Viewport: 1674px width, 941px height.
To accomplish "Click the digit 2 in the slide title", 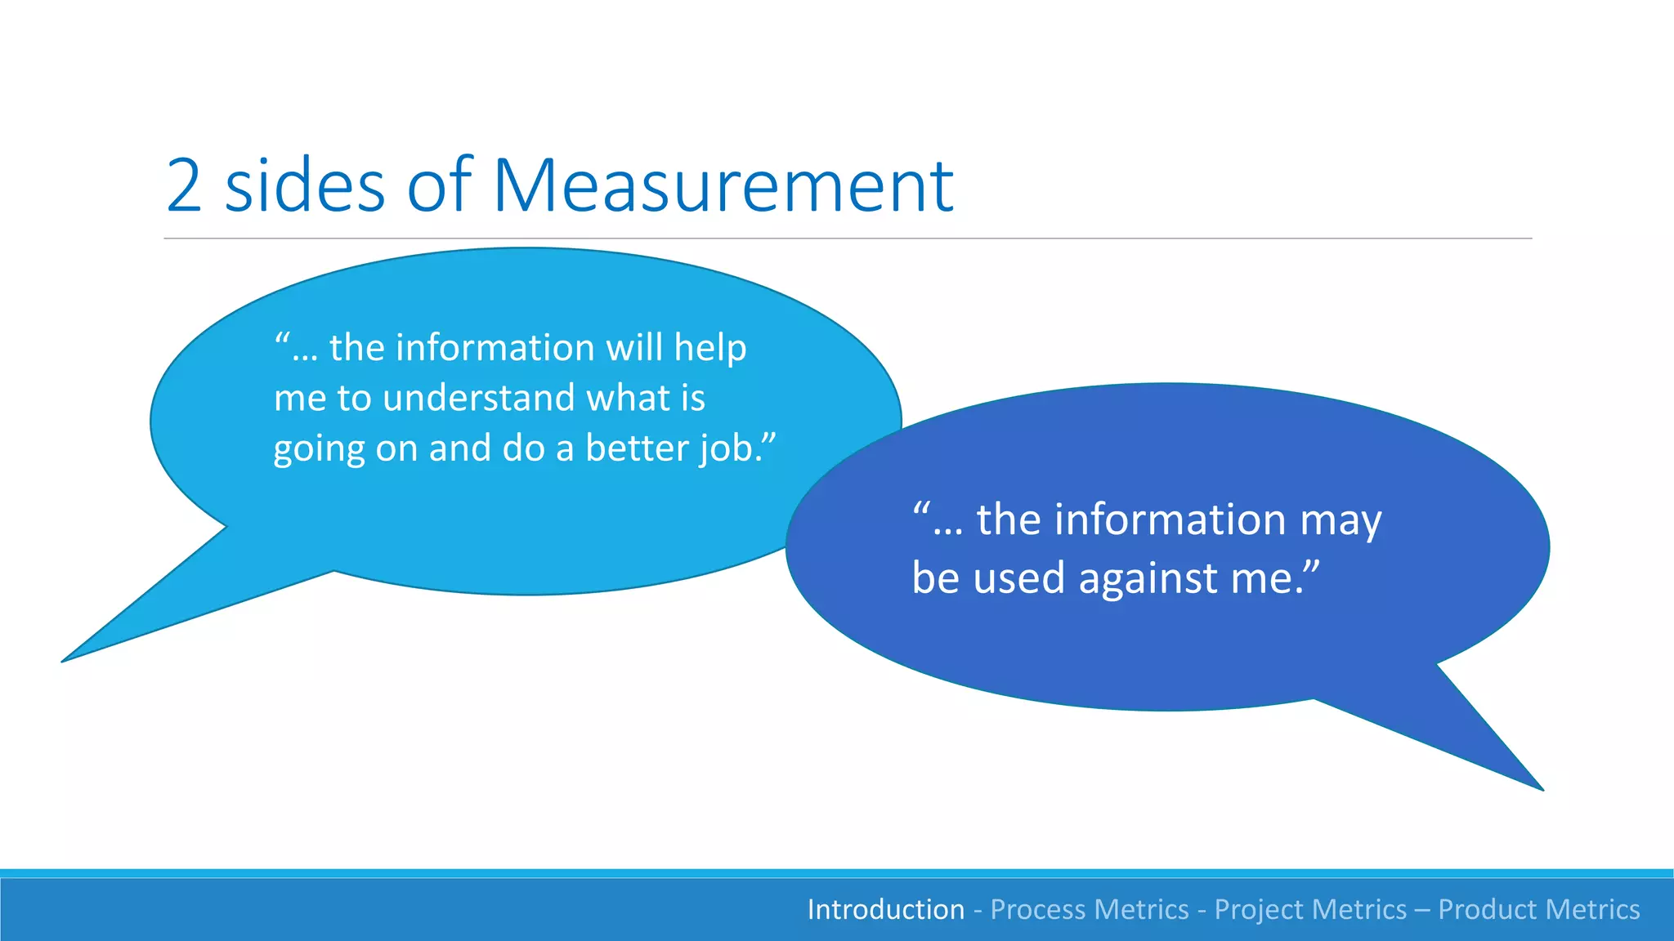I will pyautogui.click(x=185, y=186).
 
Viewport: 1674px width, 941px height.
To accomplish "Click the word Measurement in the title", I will pyautogui.click(x=723, y=186).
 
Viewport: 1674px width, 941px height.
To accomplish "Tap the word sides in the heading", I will pyautogui.click(x=304, y=186).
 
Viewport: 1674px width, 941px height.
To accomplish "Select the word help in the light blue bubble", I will pyautogui.click(x=709, y=349).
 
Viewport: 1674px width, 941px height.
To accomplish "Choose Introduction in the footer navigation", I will pyautogui.click(x=885, y=909).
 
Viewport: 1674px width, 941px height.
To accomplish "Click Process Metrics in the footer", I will pyautogui.click(x=1089, y=909).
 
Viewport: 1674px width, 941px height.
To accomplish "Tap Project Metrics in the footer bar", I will pyautogui.click(x=1310, y=909).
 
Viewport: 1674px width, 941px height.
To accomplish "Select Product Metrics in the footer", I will pyautogui.click(x=1538, y=909).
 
